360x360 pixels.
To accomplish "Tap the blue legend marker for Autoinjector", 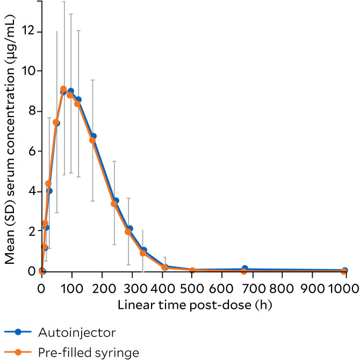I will point(17,333).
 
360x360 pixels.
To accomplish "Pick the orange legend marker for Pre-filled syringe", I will point(17,352).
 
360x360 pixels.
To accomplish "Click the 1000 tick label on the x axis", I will point(344,288).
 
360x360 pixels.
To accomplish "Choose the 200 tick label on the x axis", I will point(101,288).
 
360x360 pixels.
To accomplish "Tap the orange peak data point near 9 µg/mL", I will point(63,89).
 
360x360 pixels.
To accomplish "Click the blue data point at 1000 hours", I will point(344,270).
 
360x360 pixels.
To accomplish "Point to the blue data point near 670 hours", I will point(244,268).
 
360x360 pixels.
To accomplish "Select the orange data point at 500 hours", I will point(192,270).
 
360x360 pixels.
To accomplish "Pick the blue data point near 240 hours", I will point(116,200).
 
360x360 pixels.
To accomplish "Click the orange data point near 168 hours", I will point(92,140).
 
